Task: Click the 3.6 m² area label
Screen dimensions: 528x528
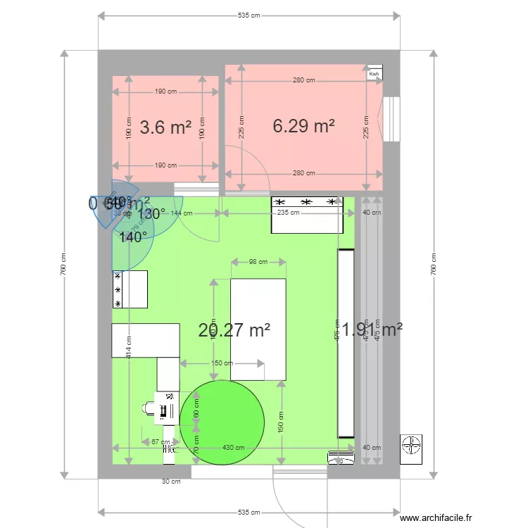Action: click(165, 127)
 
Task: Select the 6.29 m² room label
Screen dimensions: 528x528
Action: click(303, 126)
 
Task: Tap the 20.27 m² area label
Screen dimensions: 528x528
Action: click(234, 330)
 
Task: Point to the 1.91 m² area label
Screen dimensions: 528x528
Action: click(372, 329)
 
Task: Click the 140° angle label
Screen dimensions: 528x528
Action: click(133, 237)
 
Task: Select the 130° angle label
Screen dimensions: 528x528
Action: click(151, 213)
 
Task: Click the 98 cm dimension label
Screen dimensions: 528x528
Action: click(258, 263)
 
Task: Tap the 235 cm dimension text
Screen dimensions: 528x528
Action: click(283, 213)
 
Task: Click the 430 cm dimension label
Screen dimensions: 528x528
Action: click(234, 448)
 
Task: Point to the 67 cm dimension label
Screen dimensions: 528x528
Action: click(161, 442)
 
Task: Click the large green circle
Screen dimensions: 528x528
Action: click(222, 422)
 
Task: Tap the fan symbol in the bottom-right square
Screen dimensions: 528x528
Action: click(410, 446)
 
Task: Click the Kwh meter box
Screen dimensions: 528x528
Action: click(374, 73)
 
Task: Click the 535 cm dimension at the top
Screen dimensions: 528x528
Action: click(249, 15)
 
